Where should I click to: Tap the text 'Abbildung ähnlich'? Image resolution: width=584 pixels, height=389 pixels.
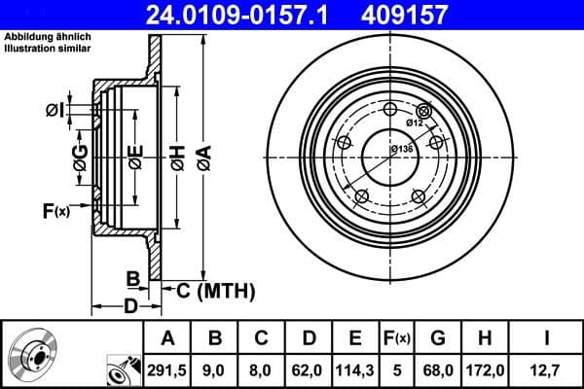tap(49, 38)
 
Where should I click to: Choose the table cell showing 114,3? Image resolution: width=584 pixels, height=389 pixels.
tap(353, 369)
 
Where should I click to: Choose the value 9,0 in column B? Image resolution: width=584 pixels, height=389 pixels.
tap(215, 369)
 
